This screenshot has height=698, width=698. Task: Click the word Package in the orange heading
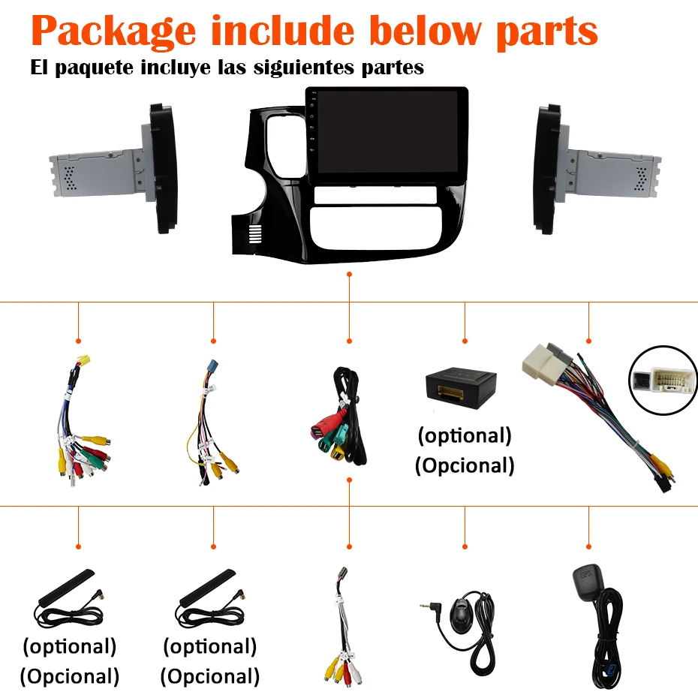(113, 32)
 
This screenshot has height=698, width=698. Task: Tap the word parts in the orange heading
(547, 32)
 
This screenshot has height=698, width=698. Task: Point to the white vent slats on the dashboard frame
(255, 234)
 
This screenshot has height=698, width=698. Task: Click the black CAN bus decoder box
(461, 387)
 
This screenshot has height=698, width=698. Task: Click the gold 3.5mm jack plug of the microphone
(427, 605)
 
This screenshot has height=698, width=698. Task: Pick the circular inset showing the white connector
(663, 381)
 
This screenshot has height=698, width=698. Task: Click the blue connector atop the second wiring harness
(213, 366)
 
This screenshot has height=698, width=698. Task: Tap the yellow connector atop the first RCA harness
(83, 360)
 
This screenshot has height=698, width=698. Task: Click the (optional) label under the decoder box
(465, 435)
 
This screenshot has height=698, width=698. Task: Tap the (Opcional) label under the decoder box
(465, 465)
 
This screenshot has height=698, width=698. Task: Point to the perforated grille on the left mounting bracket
(70, 178)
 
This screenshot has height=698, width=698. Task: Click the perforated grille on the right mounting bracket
(640, 179)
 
